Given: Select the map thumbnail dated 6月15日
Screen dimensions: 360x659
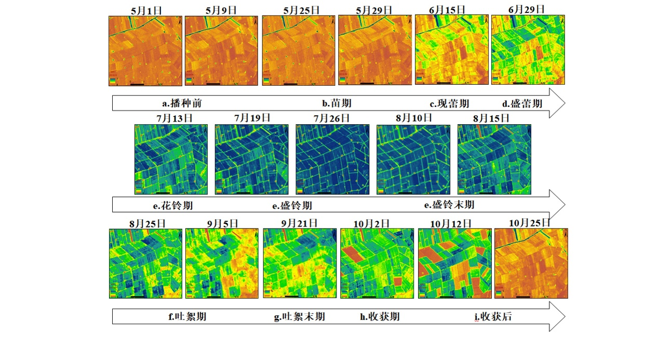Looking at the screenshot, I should (451, 49).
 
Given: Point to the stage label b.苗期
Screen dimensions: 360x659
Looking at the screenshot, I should (337, 103).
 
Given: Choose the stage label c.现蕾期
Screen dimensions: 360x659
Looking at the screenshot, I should (449, 103).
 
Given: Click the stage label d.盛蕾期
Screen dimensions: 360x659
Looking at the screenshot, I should (522, 103).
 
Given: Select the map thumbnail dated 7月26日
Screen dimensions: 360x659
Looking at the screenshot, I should (332, 159).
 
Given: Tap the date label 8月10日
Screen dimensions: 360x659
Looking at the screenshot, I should (413, 118).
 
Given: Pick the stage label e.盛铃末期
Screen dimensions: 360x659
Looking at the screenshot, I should (449, 205).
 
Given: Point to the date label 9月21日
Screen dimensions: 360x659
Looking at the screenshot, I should (300, 223).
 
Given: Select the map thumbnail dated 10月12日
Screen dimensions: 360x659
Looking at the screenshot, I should (454, 263).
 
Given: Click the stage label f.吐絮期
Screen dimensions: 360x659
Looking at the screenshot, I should (187, 316).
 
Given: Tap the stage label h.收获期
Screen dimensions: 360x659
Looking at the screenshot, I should (380, 316).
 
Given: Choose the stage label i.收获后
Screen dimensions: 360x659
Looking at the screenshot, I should (493, 316).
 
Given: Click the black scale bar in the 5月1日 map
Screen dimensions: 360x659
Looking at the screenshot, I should (137, 83).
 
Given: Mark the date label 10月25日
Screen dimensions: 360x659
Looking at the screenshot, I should (530, 222).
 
